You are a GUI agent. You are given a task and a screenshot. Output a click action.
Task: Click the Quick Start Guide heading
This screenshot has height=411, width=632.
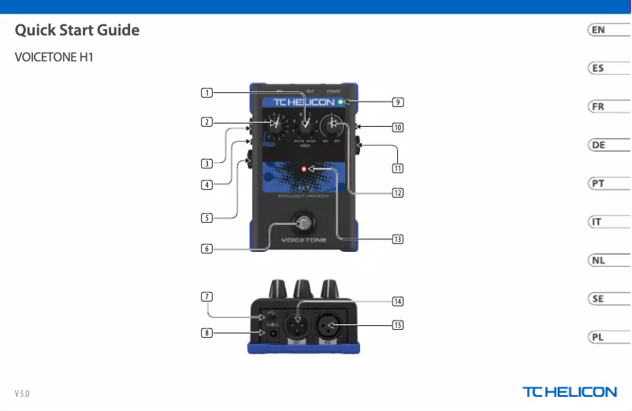(x=77, y=31)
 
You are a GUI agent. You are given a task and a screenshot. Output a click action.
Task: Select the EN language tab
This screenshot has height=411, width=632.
(x=599, y=30)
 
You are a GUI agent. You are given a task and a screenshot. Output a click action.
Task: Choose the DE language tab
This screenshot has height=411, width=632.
(x=599, y=145)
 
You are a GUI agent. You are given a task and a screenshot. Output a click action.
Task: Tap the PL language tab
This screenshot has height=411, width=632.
(x=599, y=337)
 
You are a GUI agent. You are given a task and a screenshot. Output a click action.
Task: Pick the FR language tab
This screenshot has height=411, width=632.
(x=599, y=106)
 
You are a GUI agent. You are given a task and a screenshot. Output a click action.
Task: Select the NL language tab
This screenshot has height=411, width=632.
(x=599, y=261)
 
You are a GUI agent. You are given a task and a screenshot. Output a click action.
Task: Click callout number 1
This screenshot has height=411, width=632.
(x=206, y=93)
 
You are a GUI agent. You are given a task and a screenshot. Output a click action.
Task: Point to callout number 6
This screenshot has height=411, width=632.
(x=206, y=249)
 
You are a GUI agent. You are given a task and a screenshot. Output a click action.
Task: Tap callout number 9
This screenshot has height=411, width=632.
(x=398, y=102)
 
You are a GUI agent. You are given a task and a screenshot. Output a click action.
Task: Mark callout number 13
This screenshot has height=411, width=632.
(x=398, y=239)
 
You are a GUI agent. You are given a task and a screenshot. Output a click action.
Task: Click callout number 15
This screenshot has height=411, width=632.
(x=398, y=325)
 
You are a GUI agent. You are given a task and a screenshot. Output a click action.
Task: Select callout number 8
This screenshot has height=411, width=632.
(x=206, y=333)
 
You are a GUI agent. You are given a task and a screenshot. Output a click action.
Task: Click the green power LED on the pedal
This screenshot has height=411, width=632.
(x=340, y=102)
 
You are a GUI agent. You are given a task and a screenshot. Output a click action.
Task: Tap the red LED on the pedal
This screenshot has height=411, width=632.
(x=303, y=168)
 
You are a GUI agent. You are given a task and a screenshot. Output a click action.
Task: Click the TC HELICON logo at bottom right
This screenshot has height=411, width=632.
(x=570, y=392)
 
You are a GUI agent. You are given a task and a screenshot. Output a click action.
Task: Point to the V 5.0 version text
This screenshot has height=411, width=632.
(x=22, y=393)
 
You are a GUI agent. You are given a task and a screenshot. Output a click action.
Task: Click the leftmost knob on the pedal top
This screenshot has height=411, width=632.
(x=276, y=124)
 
